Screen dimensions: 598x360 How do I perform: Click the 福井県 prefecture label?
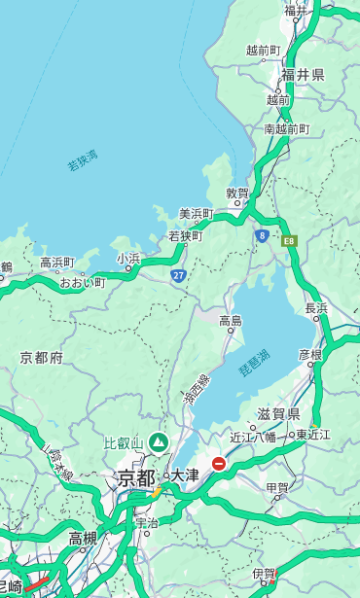point(303,75)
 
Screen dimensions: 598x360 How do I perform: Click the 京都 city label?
point(136,477)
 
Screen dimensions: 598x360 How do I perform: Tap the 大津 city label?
point(184,475)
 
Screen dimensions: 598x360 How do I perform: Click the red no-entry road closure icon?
point(220,464)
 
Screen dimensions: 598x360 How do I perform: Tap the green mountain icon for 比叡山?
point(157,443)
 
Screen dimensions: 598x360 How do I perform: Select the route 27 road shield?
point(178,275)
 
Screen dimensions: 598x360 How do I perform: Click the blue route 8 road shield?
point(262,234)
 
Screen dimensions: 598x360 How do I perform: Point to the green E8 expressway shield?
point(288,238)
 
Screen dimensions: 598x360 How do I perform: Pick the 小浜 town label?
point(128,259)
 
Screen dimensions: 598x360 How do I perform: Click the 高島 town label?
point(231,320)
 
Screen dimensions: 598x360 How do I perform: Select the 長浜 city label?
point(316,308)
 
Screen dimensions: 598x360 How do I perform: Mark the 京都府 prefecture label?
point(41,358)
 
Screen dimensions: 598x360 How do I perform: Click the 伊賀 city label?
point(264,574)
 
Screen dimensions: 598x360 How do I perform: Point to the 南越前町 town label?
point(286,128)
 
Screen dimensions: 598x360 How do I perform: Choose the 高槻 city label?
point(83,538)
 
